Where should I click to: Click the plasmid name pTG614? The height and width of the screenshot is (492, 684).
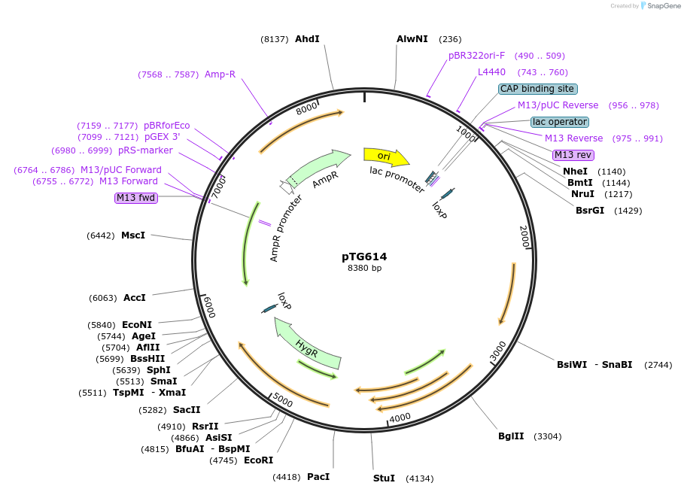click(364, 257)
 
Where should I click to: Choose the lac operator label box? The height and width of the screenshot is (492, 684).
click(559, 122)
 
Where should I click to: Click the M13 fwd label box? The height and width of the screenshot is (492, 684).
click(135, 198)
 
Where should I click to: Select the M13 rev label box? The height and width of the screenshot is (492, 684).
click(573, 155)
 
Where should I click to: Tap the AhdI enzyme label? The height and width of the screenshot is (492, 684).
click(307, 39)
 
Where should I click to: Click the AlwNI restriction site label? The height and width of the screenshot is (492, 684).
click(412, 39)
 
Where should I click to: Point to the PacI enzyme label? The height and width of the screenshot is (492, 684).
click(318, 477)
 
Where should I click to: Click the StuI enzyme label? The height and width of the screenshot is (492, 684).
click(384, 478)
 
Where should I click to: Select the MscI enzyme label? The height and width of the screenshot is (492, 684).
click(133, 235)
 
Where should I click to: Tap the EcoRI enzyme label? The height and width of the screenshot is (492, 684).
click(258, 460)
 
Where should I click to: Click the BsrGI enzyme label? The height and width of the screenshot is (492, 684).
click(590, 211)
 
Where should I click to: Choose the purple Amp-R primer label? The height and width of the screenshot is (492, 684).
click(220, 74)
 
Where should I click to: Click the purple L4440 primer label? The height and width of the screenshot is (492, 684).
click(491, 72)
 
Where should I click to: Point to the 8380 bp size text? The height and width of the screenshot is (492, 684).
click(364, 269)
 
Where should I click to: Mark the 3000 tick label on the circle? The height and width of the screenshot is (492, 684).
click(498, 351)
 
